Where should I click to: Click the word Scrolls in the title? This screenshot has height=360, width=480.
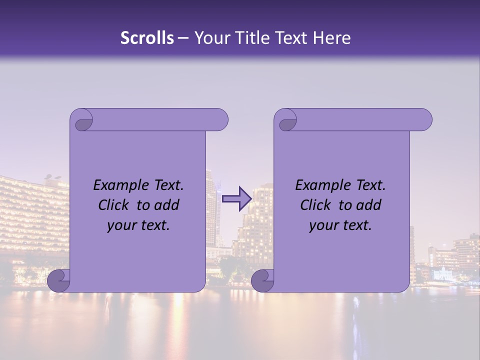click(x=147, y=38)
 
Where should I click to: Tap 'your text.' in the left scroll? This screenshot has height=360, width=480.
click(x=138, y=225)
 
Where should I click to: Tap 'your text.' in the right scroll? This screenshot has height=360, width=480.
click(x=340, y=225)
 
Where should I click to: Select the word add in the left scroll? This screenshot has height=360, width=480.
click(x=167, y=205)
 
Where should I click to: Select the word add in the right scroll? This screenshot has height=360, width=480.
click(x=369, y=205)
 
